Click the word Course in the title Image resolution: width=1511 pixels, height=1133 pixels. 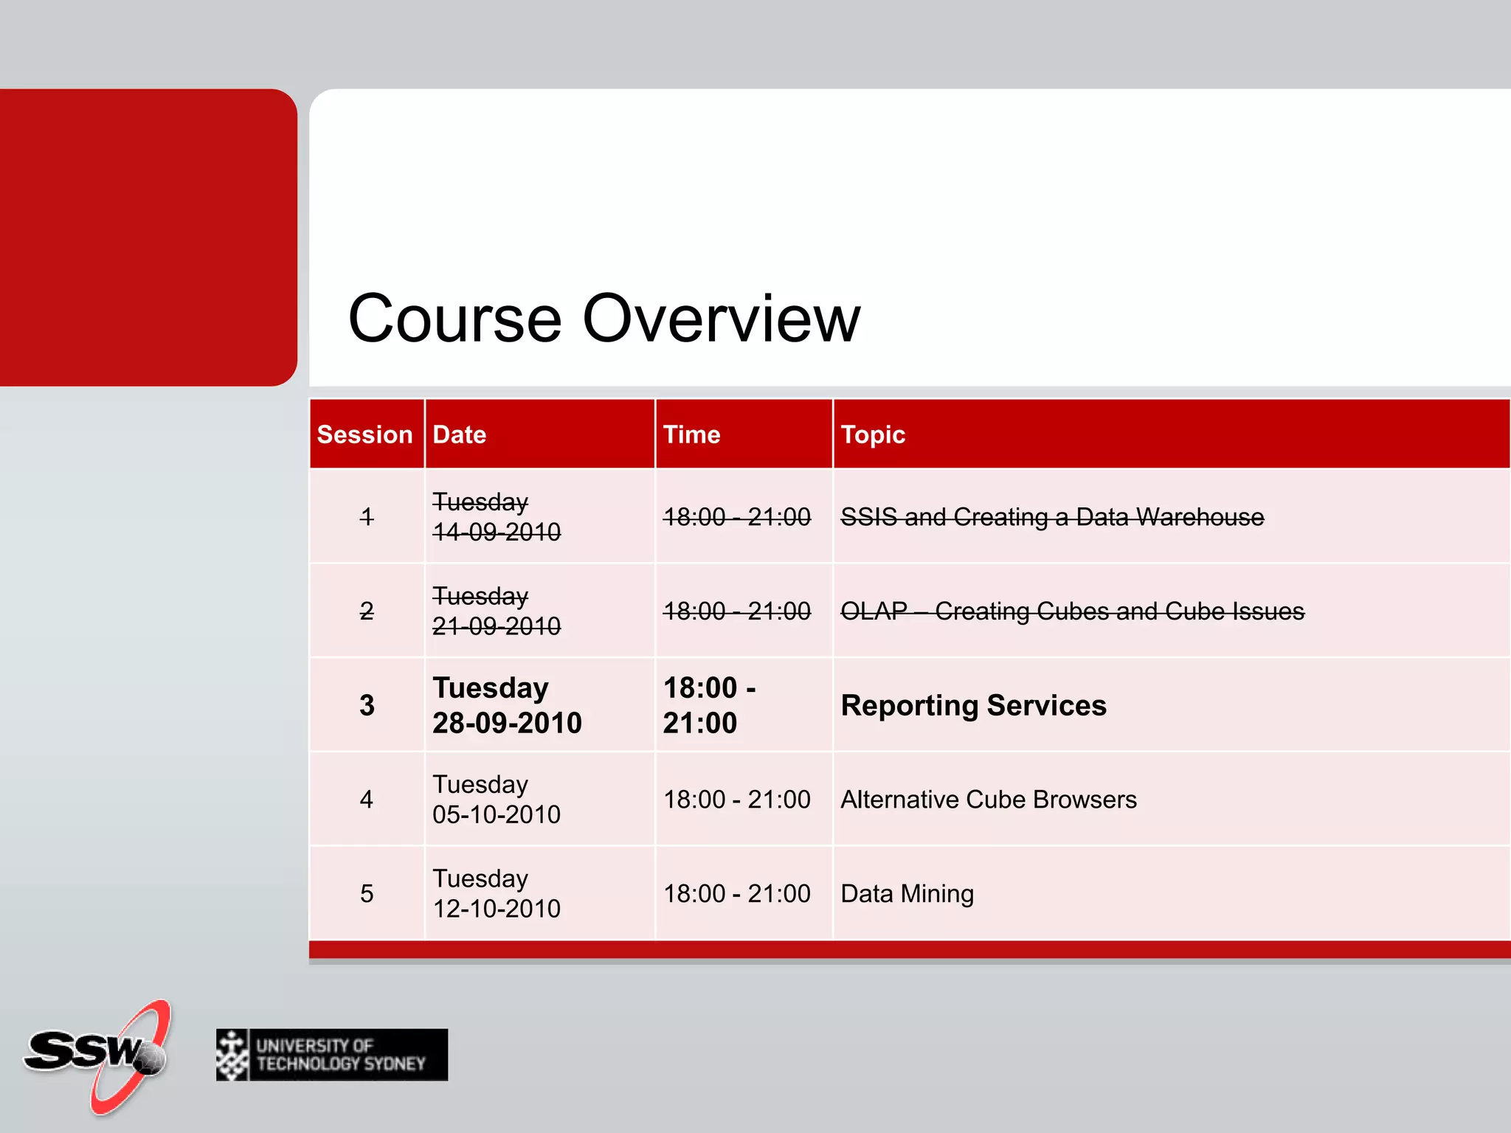454,319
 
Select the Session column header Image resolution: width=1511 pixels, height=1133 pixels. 364,434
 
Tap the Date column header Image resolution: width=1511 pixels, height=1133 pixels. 459,434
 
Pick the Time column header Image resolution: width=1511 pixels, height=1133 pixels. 691,434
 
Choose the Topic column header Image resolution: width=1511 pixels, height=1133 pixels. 873,434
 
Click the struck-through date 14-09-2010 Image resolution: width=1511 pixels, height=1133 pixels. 497,532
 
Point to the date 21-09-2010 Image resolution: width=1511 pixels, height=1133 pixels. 497,626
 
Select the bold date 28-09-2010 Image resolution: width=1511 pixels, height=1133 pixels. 507,723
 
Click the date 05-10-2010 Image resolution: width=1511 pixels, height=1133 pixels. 497,814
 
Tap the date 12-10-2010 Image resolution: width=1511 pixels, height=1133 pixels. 497,909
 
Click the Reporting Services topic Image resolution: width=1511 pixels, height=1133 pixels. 973,706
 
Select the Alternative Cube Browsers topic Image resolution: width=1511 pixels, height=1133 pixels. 988,800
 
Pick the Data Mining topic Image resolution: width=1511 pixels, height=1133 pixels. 907,894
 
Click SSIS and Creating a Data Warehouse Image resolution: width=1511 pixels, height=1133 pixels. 1051,517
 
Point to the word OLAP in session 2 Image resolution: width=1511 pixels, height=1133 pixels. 874,611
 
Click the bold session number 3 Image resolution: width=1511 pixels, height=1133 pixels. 367,706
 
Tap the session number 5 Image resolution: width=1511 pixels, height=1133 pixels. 367,894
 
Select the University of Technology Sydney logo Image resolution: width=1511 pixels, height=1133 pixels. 332,1055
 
